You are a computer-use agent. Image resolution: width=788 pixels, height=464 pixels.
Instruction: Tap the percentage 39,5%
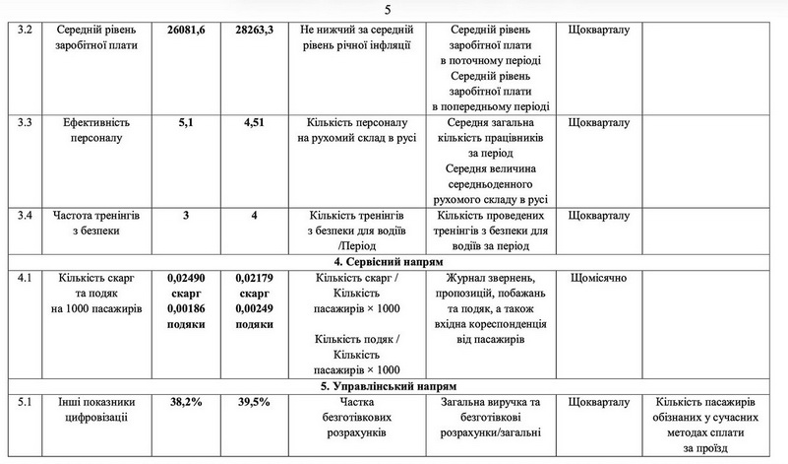[255, 402]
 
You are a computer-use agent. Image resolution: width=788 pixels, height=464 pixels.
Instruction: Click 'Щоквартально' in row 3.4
[599, 215]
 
